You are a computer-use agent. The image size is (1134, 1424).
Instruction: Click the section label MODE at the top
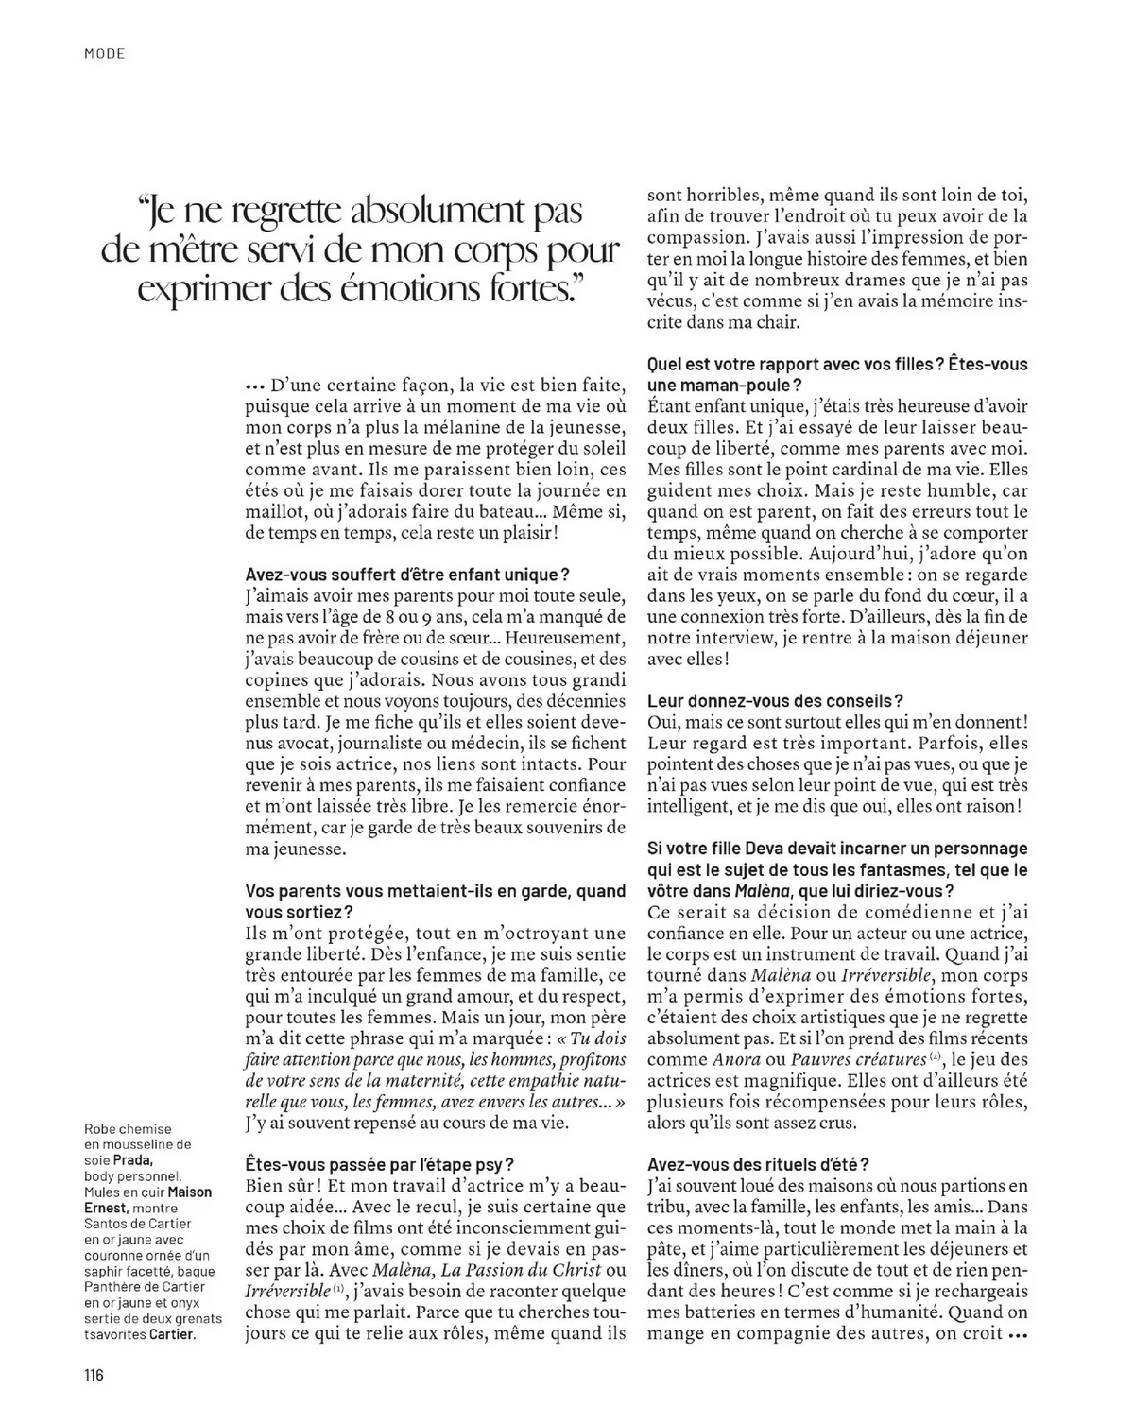tap(104, 54)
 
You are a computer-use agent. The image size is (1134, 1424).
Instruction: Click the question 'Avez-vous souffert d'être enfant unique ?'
tap(407, 575)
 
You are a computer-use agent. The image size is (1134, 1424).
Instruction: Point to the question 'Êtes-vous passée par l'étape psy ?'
tap(380, 1164)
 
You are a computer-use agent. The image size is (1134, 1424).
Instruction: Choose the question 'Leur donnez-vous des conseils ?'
tap(775, 700)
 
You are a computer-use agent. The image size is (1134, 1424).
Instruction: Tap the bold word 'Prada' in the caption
tap(133, 1160)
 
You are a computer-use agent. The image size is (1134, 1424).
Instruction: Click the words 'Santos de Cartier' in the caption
tap(138, 1224)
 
